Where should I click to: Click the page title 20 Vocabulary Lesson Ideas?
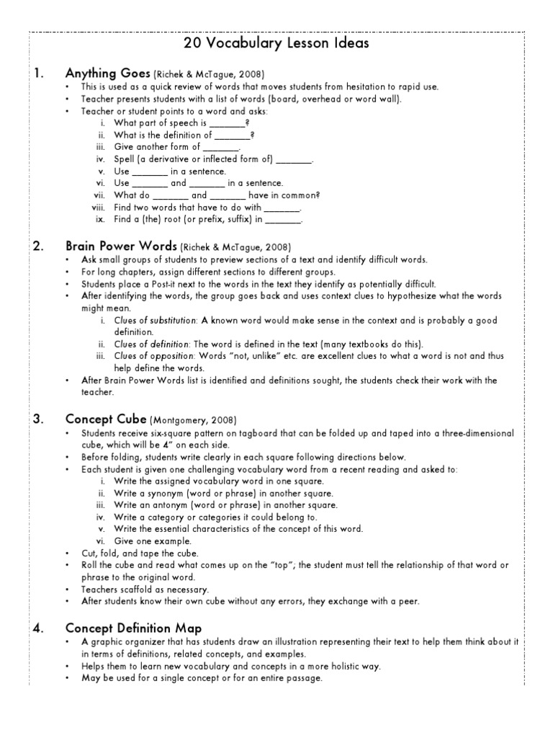(276, 44)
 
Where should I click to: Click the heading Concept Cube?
(105, 419)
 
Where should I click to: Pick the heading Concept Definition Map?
(133, 628)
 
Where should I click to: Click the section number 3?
(39, 419)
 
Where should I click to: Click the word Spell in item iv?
(125, 159)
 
